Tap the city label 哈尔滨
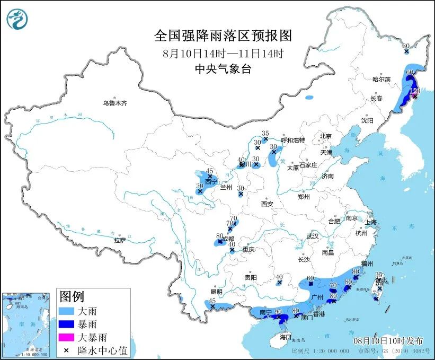coord(380,79)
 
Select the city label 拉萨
coord(120,240)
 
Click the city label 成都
coord(228,239)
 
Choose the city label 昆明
coord(216,292)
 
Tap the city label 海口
coord(286,337)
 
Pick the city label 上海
coord(370,222)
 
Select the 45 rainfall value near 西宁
coord(209,170)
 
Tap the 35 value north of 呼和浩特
coord(265,133)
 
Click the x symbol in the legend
coord(68,350)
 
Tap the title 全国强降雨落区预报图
coord(223,36)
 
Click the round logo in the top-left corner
coord(17,19)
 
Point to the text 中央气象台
coord(223,68)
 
